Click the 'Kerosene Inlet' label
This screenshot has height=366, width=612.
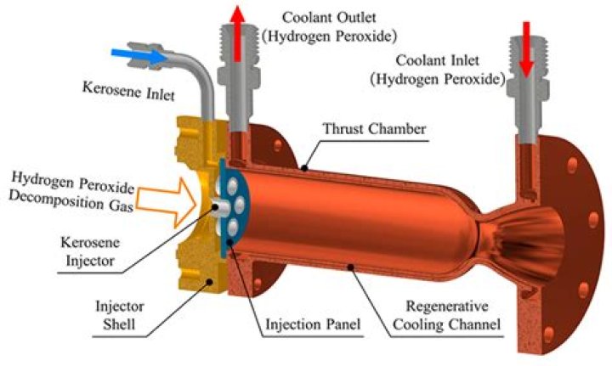point(127,87)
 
